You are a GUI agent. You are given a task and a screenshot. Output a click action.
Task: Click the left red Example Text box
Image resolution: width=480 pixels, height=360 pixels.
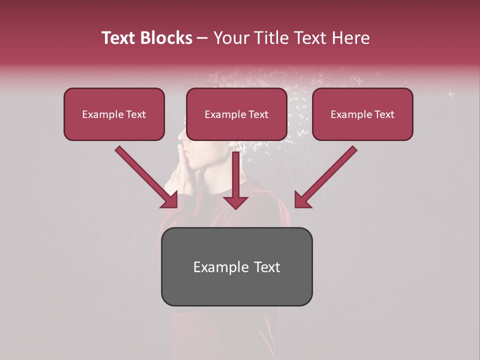click(x=114, y=114)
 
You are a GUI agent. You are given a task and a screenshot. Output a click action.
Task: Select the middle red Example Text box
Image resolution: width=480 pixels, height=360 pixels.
click(x=236, y=114)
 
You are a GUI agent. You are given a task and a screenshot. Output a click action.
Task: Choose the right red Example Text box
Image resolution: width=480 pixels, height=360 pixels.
click(x=362, y=114)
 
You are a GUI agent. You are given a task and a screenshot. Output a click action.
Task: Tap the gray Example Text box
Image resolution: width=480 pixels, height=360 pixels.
click(x=236, y=266)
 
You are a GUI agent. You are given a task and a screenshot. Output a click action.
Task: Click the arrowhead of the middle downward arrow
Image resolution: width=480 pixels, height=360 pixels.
click(x=235, y=201)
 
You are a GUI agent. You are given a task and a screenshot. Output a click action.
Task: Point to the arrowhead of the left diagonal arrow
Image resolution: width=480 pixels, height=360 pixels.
click(x=170, y=200)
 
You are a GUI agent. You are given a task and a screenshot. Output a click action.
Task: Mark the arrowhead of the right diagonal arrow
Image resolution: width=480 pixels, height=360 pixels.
click(x=301, y=200)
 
